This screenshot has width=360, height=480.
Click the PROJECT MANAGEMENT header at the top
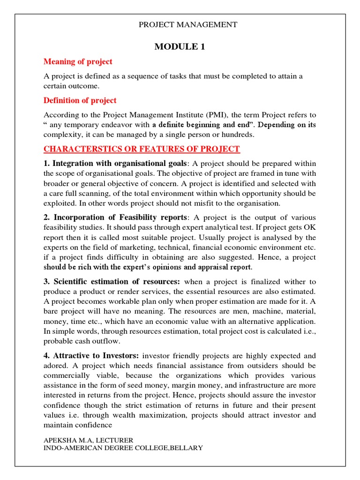(187, 25)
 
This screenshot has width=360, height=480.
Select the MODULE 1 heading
(180, 46)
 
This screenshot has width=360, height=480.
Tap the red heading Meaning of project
(78, 62)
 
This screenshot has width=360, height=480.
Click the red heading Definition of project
(80, 100)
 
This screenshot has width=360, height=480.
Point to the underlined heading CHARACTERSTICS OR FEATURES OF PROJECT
(142, 149)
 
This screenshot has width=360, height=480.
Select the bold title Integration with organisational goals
(120, 163)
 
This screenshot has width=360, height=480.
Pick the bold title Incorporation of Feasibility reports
(120, 217)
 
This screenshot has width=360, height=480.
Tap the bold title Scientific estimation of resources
(116, 282)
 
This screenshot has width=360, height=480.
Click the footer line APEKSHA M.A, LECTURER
(89, 440)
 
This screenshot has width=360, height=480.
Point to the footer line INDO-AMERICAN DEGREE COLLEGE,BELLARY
(123, 448)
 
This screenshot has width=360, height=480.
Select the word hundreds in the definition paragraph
(238, 135)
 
